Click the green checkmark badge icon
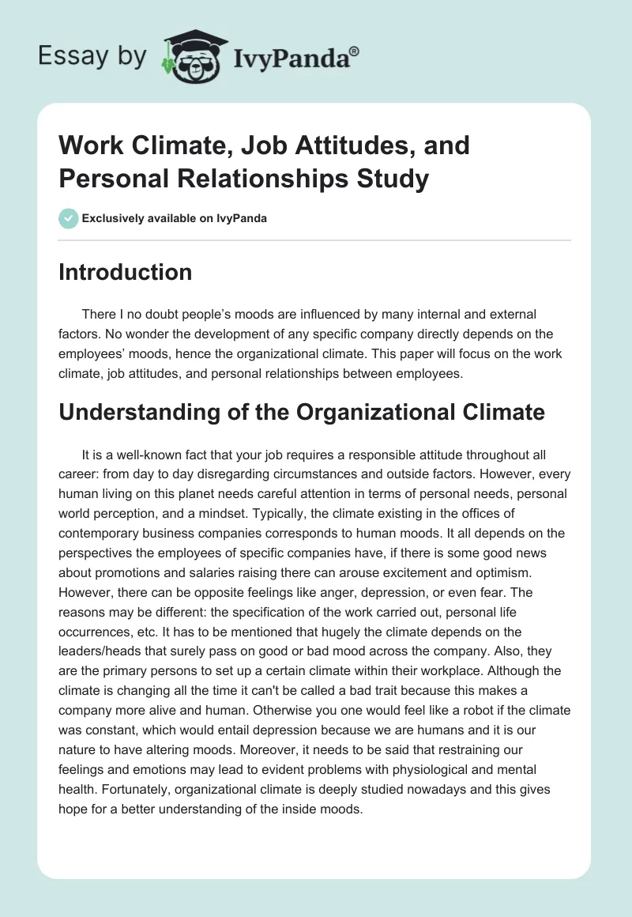pyautogui.click(x=68, y=218)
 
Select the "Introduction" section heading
pyautogui.click(x=126, y=273)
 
